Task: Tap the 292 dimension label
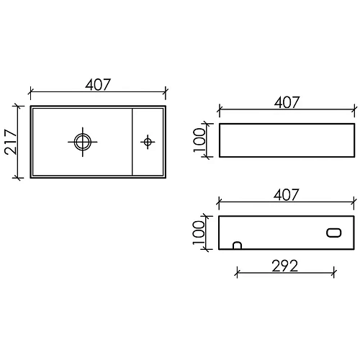pyautogui.click(x=286, y=264)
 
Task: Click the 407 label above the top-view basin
pyautogui.click(x=98, y=84)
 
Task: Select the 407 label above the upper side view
pyautogui.click(x=287, y=102)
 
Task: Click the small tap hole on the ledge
pyautogui.click(x=148, y=142)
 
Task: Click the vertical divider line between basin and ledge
pyautogui.click(x=133, y=142)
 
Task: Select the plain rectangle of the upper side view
pyautogui.click(x=287, y=140)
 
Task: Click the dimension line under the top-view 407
pyautogui.click(x=72, y=92)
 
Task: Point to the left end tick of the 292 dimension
pyautogui.click(x=237, y=273)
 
